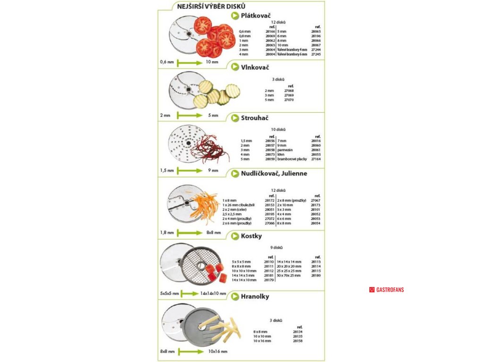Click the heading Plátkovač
click(x=256, y=16)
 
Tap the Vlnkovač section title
click(x=255, y=67)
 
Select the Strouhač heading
click(x=255, y=117)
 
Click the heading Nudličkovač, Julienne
click(x=274, y=173)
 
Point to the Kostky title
click(x=251, y=236)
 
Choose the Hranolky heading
click(x=255, y=296)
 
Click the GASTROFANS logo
click(x=386, y=289)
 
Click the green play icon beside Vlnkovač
click(x=234, y=67)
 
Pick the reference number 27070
click(x=289, y=100)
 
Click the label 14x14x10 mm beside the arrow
click(x=213, y=293)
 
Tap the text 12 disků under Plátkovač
click(x=278, y=22)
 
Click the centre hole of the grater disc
click(x=187, y=143)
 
